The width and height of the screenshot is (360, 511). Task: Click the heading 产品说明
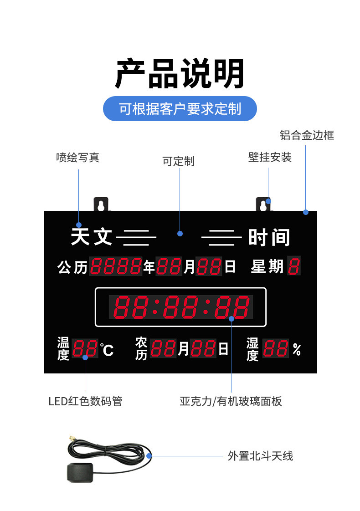[x=180, y=74]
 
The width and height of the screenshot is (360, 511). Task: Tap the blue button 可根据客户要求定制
[x=180, y=109]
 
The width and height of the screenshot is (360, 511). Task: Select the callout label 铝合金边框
[x=307, y=135]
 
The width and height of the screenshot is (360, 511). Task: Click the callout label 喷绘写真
[x=77, y=158]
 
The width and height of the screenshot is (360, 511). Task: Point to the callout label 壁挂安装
[x=270, y=158]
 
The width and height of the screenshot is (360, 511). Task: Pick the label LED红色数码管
[x=85, y=401]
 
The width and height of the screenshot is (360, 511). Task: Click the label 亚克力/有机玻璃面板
[x=231, y=401]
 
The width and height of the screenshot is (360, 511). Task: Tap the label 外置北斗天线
[x=260, y=455]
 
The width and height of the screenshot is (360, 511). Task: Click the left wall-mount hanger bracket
[x=101, y=204]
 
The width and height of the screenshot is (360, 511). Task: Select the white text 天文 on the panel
[x=92, y=237]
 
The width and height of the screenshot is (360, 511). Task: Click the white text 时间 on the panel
[x=269, y=237]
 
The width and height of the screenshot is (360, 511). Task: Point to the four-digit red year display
[x=116, y=266]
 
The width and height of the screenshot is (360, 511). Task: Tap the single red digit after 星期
[x=294, y=266]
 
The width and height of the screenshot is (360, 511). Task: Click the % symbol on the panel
[x=297, y=350]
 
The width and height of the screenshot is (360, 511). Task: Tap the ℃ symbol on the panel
[x=107, y=350]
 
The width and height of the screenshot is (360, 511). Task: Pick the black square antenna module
[x=80, y=472]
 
